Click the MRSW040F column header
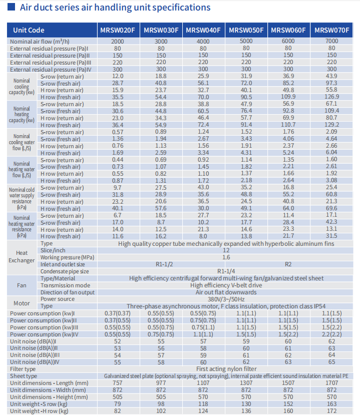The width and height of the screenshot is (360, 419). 203,30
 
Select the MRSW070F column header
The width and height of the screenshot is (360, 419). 331,30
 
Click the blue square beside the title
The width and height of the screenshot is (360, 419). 11,7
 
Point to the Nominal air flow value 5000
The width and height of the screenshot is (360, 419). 246,41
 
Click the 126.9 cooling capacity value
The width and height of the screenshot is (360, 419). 331,97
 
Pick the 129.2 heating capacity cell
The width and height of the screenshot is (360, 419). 331,125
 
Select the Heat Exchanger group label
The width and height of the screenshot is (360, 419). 22,256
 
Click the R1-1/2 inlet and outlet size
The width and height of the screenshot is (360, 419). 164,264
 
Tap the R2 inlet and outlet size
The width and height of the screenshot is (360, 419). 288,264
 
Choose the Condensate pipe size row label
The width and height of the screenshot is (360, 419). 65,271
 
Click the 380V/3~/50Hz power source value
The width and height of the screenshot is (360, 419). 226,299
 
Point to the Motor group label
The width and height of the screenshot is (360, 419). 22,303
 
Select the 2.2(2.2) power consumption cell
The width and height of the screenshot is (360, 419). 331,334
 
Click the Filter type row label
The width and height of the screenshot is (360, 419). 23,369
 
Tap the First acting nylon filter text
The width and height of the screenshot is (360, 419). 226,369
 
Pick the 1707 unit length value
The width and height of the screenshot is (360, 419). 331,383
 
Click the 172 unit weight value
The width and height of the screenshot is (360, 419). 331,410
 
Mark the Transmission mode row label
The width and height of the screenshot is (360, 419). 66,285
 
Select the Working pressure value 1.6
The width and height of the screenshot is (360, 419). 226,257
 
